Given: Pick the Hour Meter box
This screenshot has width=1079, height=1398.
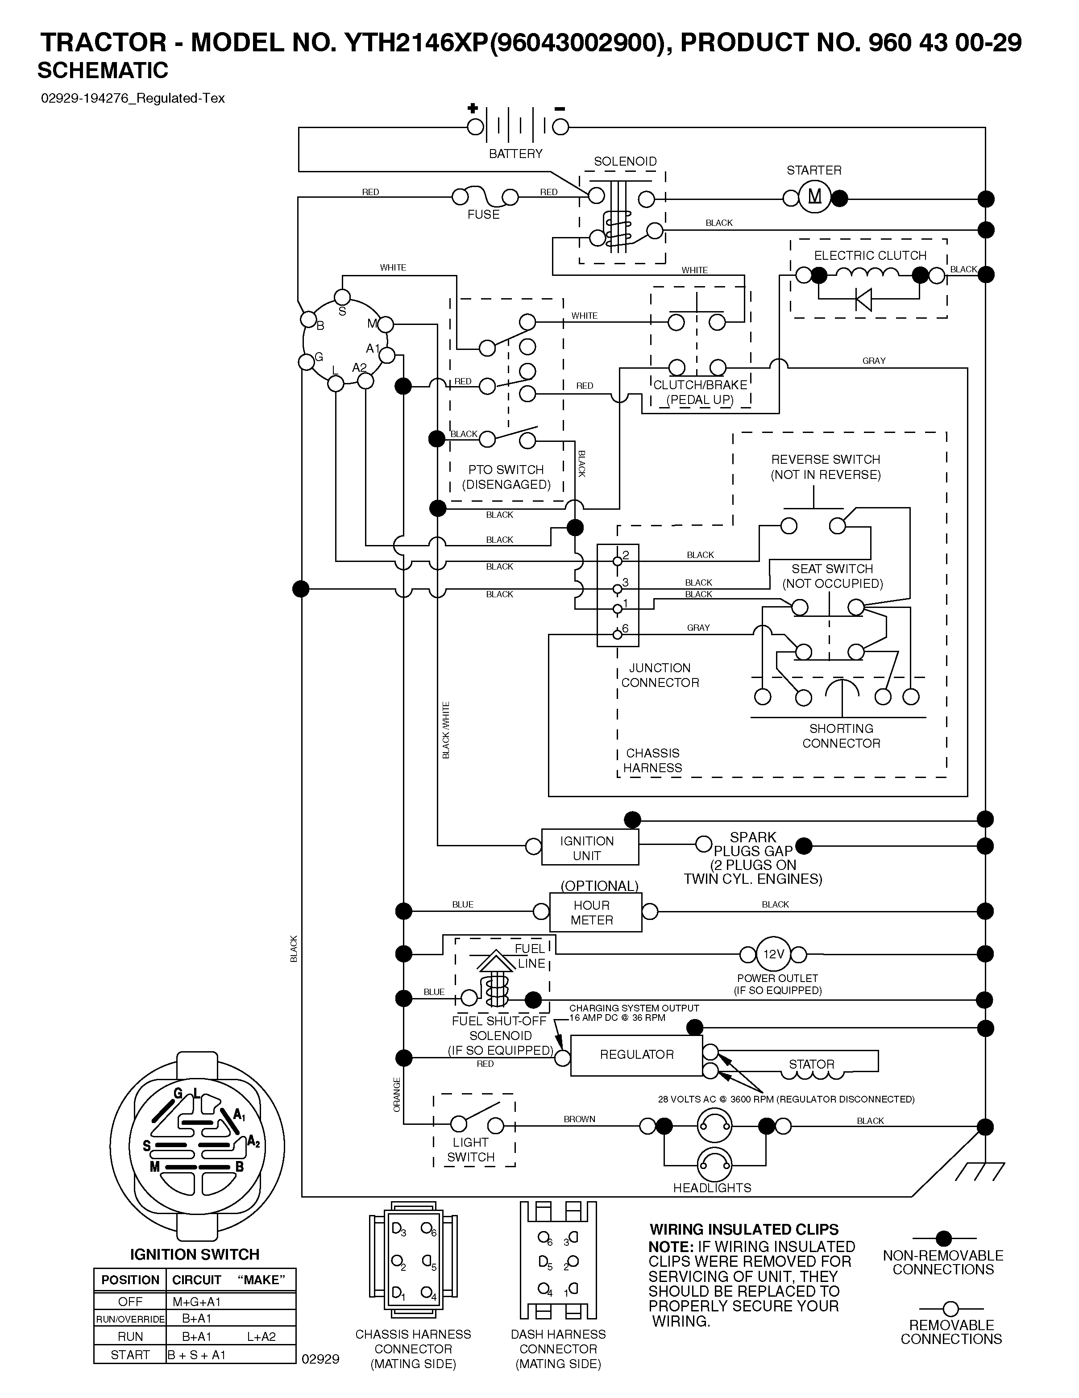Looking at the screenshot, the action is click(x=595, y=912).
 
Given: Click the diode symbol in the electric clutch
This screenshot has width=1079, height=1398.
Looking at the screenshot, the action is click(x=863, y=298).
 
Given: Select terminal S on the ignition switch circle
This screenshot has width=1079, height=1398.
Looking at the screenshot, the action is click(x=342, y=297).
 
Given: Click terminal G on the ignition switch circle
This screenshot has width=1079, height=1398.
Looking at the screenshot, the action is click(x=307, y=362).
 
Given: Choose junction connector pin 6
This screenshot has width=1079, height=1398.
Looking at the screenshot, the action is click(x=618, y=634).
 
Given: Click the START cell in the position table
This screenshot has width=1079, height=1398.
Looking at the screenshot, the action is click(x=130, y=1354).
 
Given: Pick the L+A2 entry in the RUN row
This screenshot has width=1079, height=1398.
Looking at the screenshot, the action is click(x=261, y=1336).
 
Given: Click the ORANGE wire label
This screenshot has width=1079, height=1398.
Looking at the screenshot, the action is click(x=397, y=1094).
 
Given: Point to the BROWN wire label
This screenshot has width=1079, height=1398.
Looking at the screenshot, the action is click(x=579, y=1119).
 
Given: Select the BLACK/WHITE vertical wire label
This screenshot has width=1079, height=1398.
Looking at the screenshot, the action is click(x=446, y=730).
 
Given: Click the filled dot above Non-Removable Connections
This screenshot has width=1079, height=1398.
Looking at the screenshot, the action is click(x=943, y=1239).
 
